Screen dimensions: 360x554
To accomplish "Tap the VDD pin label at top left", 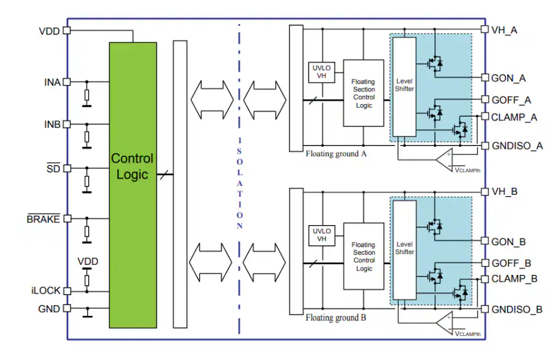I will [x=50, y=31].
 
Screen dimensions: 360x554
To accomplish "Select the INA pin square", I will [x=66, y=82].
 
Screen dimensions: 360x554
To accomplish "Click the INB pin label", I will [x=52, y=124].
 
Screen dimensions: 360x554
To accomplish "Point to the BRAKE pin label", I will [x=43, y=219].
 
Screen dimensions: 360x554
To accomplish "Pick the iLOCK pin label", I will [x=45, y=291].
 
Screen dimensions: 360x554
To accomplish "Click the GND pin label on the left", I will [x=49, y=309].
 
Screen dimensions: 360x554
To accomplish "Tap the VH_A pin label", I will [x=504, y=29].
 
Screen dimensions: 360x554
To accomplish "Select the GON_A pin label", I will [x=509, y=78].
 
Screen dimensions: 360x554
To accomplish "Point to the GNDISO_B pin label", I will [x=517, y=309].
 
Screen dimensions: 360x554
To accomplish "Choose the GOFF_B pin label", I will [x=511, y=263].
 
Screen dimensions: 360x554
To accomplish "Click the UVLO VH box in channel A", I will [x=321, y=72].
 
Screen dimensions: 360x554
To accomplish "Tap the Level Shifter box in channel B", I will [x=404, y=248].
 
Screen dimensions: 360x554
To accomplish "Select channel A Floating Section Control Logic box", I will [x=363, y=93].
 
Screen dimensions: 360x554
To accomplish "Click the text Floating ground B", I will [x=336, y=318].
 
